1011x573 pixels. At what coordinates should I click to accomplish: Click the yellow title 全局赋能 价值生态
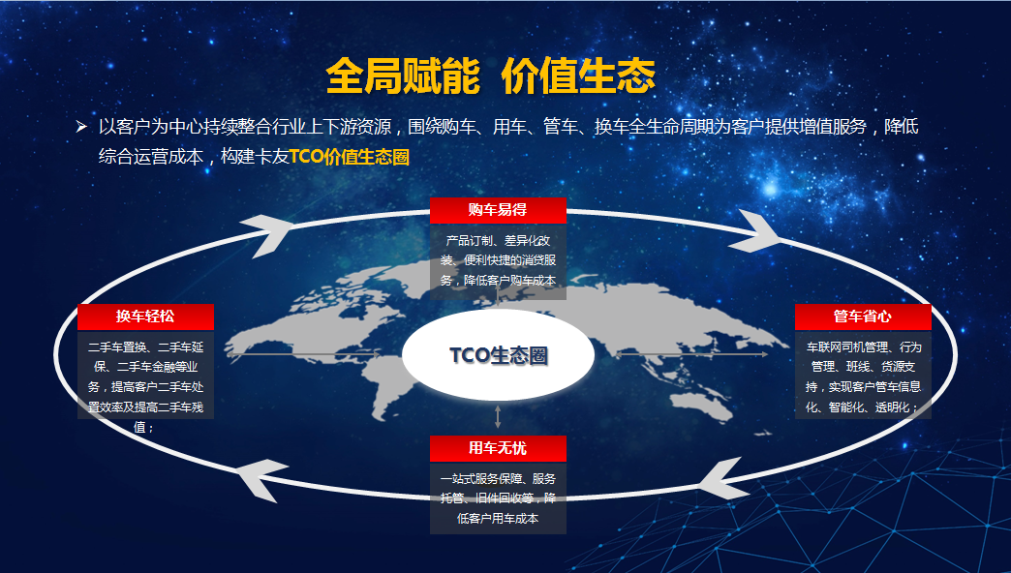pos(491,75)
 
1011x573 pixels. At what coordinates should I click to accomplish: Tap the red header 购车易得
pos(498,210)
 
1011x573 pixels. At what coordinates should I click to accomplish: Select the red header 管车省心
pos(863,317)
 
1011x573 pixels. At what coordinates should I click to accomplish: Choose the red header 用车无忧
pos(498,448)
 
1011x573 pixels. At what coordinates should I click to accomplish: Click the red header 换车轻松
pos(145,317)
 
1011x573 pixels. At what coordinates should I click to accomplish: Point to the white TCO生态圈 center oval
pos(498,355)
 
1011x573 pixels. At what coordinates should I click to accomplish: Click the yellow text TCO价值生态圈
pos(350,157)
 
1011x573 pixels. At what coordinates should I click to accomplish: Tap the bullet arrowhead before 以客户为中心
pos(81,127)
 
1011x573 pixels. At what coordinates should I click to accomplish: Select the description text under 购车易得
pos(498,260)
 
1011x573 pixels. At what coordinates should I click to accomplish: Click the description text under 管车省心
pos(863,377)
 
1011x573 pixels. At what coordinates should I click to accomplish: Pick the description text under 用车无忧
pos(498,498)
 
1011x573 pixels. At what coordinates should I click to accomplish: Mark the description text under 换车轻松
pos(145,387)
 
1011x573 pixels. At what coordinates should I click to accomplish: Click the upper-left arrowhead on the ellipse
pos(267,234)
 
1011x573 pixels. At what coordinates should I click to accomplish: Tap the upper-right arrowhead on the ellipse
pos(755,230)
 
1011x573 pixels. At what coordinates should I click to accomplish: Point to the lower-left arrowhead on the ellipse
pos(261,480)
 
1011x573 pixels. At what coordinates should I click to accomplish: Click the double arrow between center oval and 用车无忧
pos(498,416)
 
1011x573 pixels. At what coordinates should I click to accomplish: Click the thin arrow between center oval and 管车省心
pos(691,354)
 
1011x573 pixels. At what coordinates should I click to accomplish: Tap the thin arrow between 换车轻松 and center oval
pos(303,354)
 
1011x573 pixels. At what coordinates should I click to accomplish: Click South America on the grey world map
pos(393,387)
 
